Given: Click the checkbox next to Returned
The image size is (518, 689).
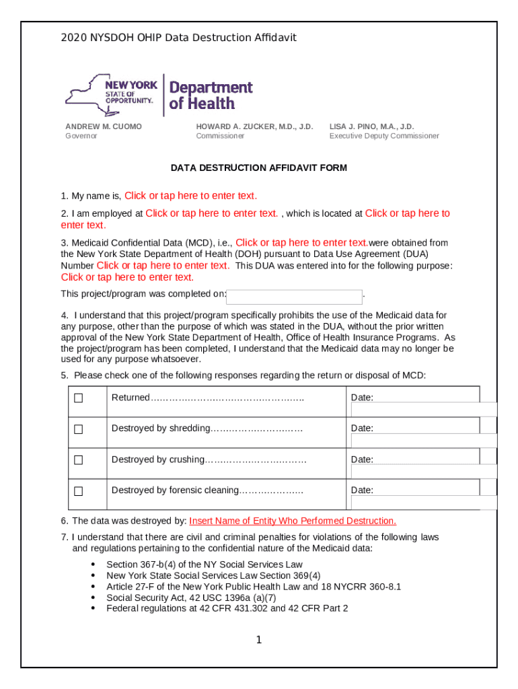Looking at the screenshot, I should pos(79,398).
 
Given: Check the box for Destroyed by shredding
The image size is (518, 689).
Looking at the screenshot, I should pos(79,429).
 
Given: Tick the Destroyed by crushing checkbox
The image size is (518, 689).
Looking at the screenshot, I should pos(79,460).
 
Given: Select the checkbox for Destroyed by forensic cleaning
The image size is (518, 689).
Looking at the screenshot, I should pos(79,491).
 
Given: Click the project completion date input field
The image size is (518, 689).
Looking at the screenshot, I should pos(295,297).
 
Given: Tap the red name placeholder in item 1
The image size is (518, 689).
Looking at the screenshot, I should pos(190,196).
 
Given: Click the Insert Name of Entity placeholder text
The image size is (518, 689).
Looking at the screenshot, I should pos(293,521).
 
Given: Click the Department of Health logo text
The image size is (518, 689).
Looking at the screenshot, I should pos(210,96).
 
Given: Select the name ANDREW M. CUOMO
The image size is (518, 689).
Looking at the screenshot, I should pos(103,126).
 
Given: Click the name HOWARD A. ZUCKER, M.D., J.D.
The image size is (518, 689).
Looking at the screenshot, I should pos(254,126).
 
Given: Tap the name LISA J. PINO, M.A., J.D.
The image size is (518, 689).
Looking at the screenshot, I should pos(371,126).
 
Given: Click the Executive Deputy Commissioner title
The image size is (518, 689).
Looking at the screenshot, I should pos(383,136).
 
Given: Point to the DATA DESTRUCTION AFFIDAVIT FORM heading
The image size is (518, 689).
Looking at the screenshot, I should pos(258,168).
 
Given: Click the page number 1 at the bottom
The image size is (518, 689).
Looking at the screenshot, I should pos(258,640).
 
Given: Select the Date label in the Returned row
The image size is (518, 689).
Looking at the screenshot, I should pos(362,398).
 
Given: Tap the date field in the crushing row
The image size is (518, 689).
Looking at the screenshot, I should pos(424,471).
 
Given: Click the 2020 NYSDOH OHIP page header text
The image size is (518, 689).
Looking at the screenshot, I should pos(178,38).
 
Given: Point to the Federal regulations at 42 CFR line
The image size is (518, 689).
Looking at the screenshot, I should pos(227,608).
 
